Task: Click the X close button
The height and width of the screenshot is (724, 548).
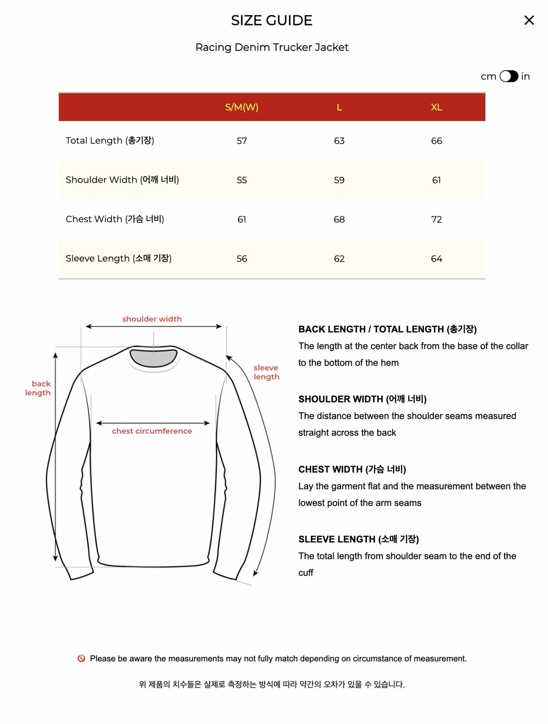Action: coord(529,20)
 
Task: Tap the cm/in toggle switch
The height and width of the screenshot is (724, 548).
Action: coord(509,76)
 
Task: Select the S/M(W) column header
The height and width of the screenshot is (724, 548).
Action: coord(242,107)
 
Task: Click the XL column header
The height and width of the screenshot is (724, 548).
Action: coord(436,107)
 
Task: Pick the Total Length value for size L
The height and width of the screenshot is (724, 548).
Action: coord(339,141)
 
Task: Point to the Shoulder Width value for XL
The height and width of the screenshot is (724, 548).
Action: coord(436,180)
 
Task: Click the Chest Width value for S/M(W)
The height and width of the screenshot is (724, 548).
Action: coord(242,219)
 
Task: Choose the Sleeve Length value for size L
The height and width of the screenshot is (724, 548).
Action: coord(339,259)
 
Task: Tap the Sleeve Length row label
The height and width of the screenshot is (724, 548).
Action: coord(118,258)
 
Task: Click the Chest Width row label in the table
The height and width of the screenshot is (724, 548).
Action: coord(115,219)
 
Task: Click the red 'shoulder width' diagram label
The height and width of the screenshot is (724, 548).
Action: coord(152,319)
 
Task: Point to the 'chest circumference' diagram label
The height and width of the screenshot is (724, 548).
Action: coord(152,431)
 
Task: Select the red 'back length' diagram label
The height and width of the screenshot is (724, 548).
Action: coord(38,388)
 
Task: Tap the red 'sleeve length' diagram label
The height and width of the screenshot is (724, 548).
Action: coord(266,372)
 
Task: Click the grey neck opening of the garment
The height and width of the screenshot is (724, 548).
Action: coord(154,358)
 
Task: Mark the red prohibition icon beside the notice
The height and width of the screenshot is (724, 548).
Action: coord(81,658)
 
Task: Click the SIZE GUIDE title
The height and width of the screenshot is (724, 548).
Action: coord(272,21)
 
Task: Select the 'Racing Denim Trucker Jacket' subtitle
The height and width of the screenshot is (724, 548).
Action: coord(272,47)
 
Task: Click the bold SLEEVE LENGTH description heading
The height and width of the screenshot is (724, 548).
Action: coord(358,539)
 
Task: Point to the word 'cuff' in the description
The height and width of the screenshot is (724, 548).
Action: coord(306,573)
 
